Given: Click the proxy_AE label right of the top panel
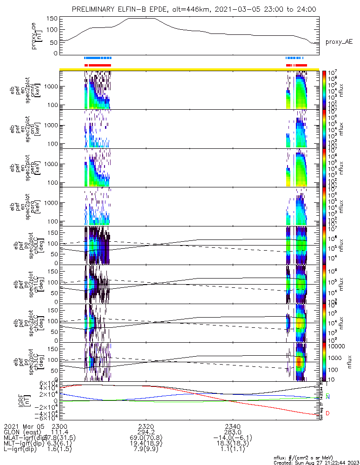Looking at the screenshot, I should (339, 42).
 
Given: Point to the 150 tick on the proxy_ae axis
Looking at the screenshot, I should (52, 19).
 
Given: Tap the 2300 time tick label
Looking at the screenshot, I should (59, 426).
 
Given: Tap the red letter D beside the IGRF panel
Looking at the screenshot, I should (328, 413).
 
